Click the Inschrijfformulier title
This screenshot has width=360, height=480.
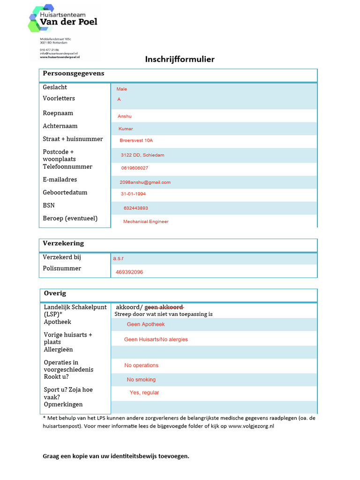pos(180,59)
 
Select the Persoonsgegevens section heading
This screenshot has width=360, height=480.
pos(74,74)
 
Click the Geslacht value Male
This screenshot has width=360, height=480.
pos(122,89)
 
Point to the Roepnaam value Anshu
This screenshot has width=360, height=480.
pos(125,116)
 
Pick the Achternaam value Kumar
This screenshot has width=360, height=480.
pos(126,129)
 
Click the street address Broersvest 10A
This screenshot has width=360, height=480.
pos(136,141)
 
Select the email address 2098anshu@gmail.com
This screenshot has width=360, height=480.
pos(145,182)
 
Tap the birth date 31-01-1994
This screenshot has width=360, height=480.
pos(133,194)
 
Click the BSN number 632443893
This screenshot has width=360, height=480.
pos(136,208)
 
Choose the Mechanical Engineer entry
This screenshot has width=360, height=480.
pos(146,222)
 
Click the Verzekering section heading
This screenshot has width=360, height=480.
pos(63,243)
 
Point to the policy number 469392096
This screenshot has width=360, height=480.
pos(129,272)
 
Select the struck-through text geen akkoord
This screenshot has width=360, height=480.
pos(164,307)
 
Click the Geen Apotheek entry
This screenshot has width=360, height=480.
pos(146,324)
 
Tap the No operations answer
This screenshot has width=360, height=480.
pos(142,366)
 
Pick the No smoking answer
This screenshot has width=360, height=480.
pos(141,380)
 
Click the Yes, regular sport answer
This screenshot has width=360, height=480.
pos(144,393)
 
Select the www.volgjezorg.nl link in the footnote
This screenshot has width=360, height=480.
pos(251,427)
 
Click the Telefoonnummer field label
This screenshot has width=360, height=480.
pos(67,167)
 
